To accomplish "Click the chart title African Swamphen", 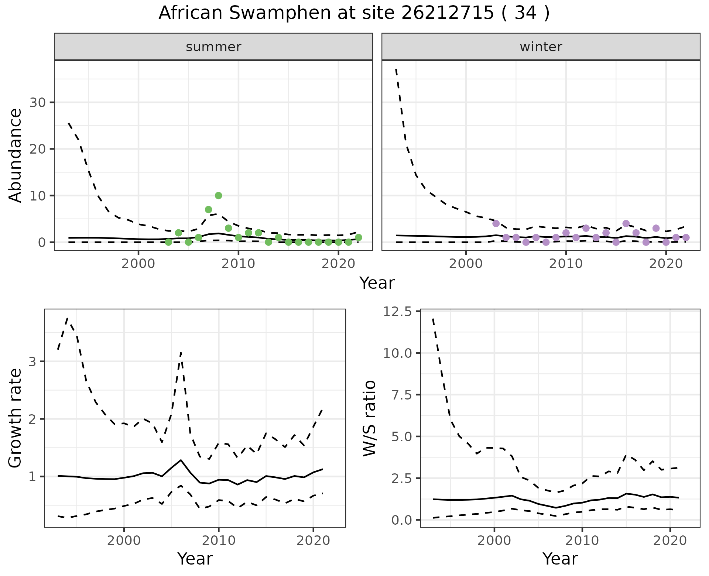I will coord(354,13).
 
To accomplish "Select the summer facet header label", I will coord(213,47).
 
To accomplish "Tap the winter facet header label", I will coord(541,47).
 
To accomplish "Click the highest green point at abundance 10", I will coord(218,195).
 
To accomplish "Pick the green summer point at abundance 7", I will coord(208,209).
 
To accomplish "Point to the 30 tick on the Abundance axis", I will coord(37,102).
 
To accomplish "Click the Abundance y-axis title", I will coord(16,155).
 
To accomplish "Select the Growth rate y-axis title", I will coord(16,418).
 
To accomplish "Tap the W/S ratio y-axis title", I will coord(369,418).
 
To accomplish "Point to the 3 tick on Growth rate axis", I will coord(32,361).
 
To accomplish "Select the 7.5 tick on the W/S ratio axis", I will coord(400,395).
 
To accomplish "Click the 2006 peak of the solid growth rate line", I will coord(181,460).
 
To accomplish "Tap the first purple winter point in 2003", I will coord(496,223).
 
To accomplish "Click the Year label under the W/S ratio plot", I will coord(560,559).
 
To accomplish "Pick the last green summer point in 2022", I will coord(358,237).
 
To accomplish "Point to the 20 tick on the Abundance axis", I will coord(37,149).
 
